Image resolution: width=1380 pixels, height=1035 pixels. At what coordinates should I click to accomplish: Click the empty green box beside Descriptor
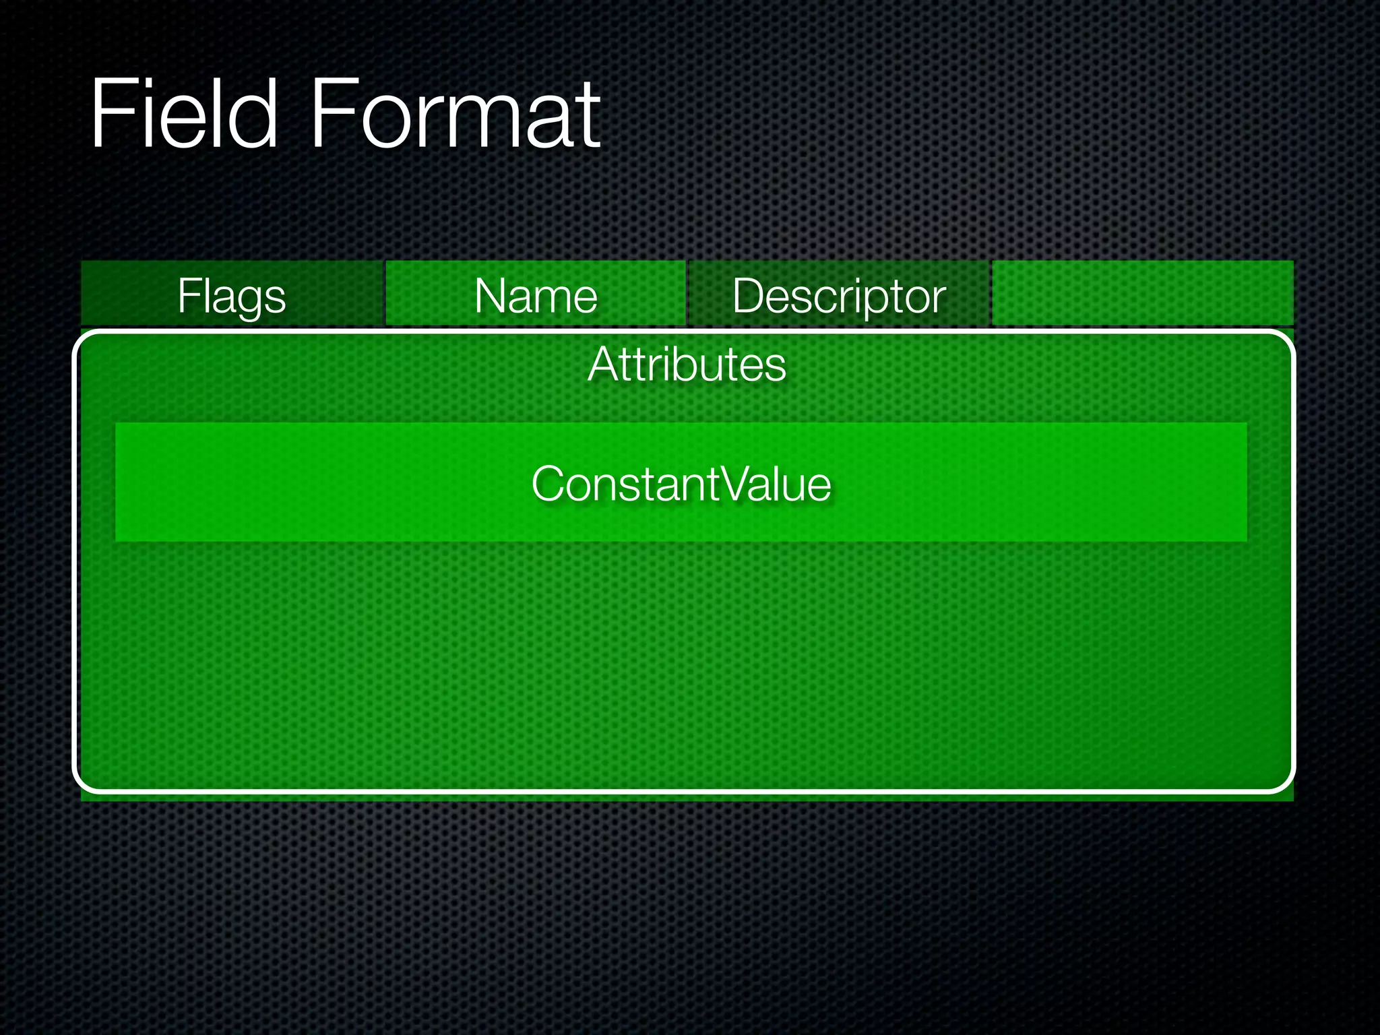[1143, 294]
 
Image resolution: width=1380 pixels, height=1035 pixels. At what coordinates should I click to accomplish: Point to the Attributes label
[687, 365]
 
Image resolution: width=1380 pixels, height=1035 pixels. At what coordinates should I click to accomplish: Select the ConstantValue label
[681, 484]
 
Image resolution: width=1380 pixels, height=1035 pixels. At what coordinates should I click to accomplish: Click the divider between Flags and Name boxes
[384, 294]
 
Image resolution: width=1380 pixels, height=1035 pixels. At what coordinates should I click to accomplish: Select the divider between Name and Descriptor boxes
[687, 294]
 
